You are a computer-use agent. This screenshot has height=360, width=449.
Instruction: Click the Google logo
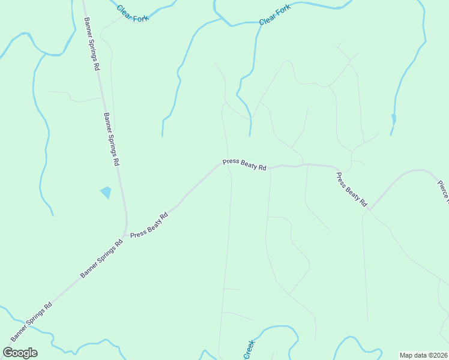[x=20, y=353]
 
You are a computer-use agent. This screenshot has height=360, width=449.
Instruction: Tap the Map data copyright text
[x=424, y=355]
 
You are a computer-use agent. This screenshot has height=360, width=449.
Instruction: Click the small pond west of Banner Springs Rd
[x=106, y=193]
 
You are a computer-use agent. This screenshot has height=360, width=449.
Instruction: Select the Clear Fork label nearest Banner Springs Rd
[x=132, y=13]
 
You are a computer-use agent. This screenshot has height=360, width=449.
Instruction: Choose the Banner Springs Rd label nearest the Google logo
[x=31, y=322]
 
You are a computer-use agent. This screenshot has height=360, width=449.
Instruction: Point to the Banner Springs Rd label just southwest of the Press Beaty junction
[x=101, y=259]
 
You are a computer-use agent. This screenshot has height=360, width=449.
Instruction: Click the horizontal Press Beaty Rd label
[x=244, y=164]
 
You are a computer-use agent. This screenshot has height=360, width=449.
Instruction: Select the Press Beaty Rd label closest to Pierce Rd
[x=352, y=190]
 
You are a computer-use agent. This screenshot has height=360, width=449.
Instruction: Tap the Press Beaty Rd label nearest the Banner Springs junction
[x=149, y=226]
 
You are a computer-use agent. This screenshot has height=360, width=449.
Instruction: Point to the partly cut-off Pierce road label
[x=443, y=192]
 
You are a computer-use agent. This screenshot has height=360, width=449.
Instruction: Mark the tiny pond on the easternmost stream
[x=393, y=118]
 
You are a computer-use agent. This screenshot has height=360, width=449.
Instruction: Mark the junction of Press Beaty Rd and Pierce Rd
[x=370, y=210]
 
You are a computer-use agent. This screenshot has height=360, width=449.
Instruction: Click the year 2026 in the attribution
[x=440, y=355]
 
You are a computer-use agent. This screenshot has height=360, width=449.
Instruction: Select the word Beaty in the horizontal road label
[x=249, y=165]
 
